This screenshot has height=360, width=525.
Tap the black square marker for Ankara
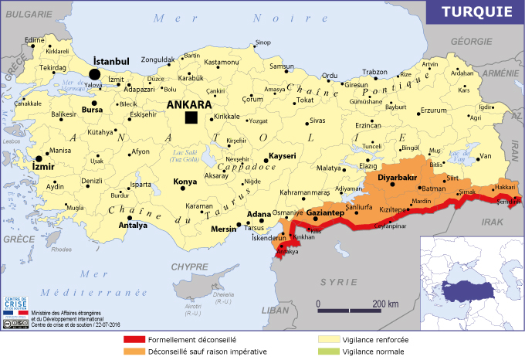(191, 117)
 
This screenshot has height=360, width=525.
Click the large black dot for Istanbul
(95, 73)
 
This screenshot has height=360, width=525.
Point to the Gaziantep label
(324, 212)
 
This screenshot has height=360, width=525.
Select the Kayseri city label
(282, 156)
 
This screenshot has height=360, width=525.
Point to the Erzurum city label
(432, 110)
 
